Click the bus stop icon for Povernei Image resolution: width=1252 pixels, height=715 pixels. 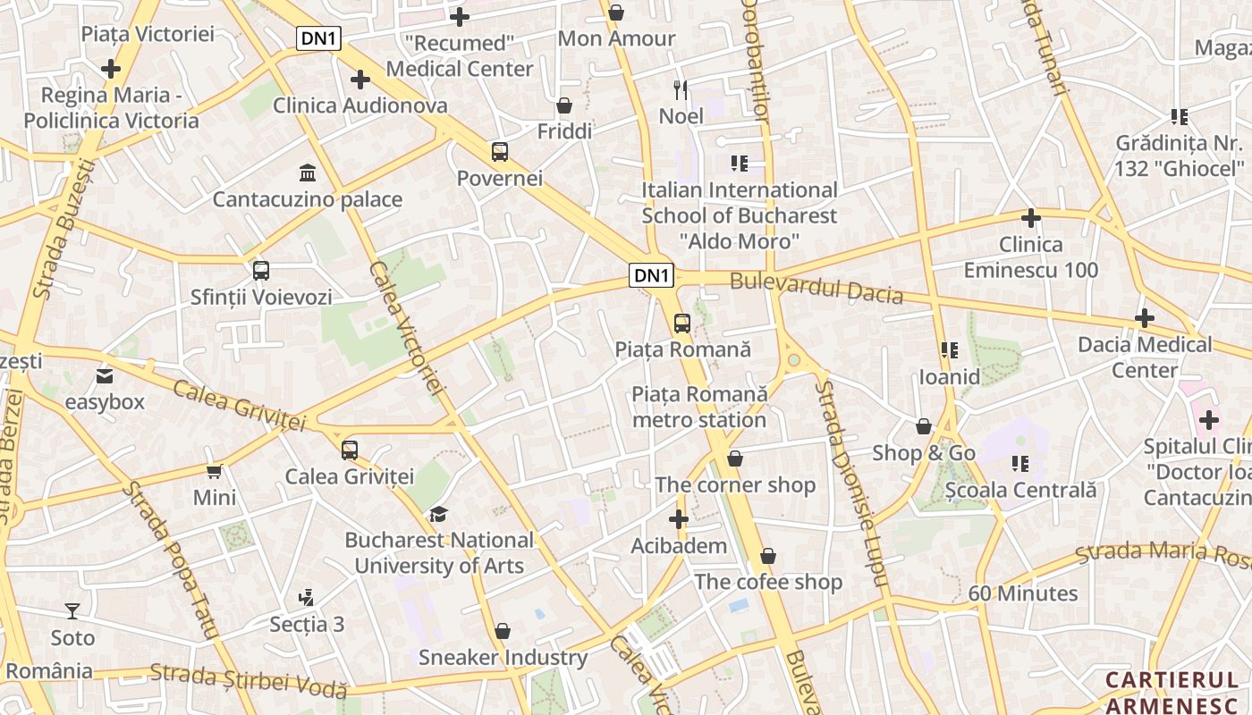499,152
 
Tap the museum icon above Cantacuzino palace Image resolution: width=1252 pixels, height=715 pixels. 308,172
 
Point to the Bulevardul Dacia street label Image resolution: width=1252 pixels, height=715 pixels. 816,288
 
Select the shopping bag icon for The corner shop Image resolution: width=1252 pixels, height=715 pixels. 734,459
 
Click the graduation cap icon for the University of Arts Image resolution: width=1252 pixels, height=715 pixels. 438,514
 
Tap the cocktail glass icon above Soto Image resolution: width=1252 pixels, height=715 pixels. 72,611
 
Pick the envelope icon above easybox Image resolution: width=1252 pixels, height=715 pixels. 105,376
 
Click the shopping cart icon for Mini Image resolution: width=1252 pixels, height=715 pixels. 215,471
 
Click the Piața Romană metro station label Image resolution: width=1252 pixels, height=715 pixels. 699,407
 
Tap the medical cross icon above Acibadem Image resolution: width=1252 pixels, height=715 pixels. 679,519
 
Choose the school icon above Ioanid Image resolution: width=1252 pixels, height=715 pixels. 949,350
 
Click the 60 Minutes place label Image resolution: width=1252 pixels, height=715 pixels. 1023,593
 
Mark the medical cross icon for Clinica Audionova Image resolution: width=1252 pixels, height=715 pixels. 360,80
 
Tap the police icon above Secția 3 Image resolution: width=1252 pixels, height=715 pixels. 307,597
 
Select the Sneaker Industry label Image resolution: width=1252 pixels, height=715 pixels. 503,658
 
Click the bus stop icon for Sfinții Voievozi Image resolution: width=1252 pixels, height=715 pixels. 261,271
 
